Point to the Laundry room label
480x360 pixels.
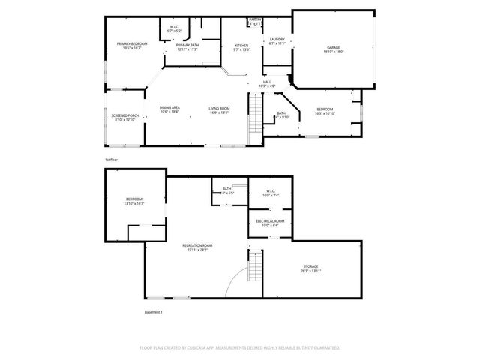pyautogui.click(x=277, y=41)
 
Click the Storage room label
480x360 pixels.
pyautogui.click(x=312, y=269)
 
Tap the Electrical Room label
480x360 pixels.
pyautogui.click(x=270, y=223)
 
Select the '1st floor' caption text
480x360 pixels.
pyautogui.click(x=112, y=160)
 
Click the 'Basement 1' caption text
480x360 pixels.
pyautogui.click(x=153, y=312)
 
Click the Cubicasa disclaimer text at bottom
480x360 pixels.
pyautogui.click(x=240, y=348)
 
